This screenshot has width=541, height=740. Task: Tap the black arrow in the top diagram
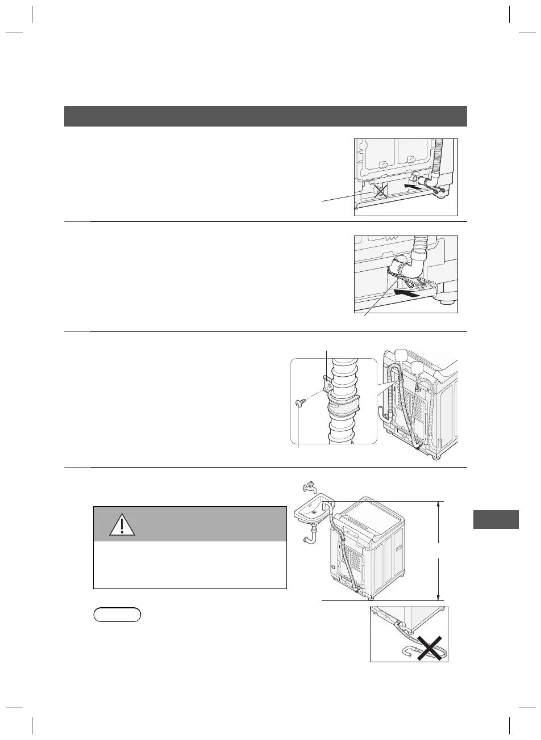click(x=413, y=185)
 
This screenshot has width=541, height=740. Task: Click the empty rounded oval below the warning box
click(x=118, y=615)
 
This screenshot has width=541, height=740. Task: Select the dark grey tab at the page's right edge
click(x=496, y=520)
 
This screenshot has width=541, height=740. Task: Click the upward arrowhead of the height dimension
click(x=439, y=505)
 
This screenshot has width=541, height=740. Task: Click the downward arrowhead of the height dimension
click(x=439, y=595)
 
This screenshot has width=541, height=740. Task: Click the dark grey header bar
click(x=265, y=116)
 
